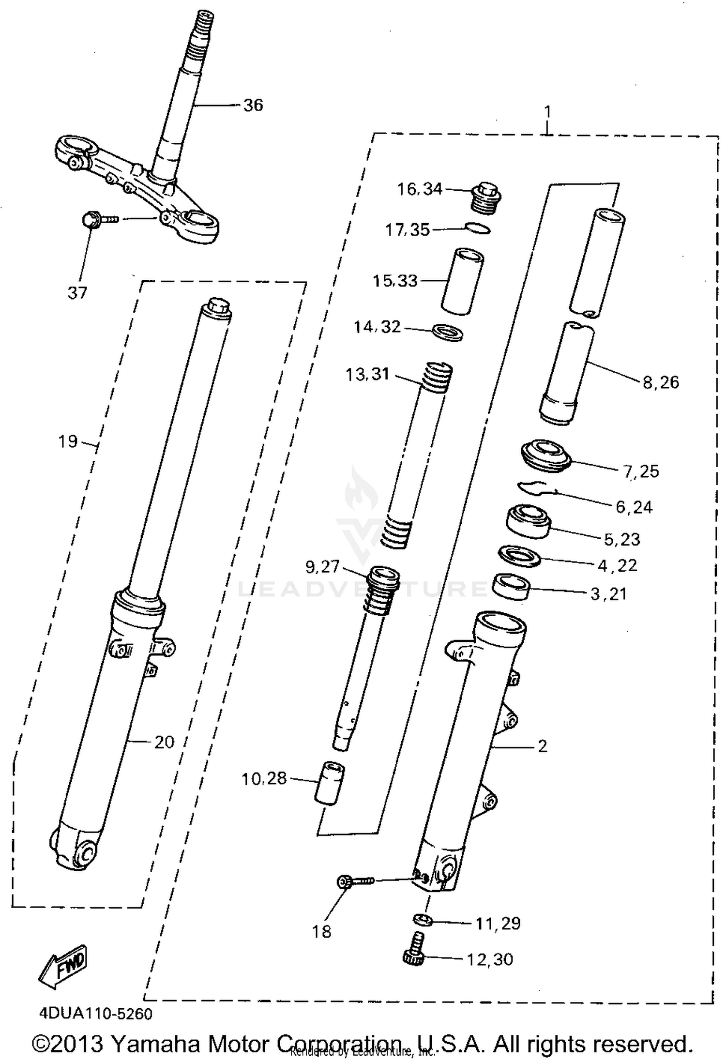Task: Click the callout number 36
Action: [x=253, y=105]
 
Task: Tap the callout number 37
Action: [x=77, y=293]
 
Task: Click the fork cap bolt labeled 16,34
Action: [x=485, y=197]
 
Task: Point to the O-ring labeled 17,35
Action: [x=478, y=228]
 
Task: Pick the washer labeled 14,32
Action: [x=447, y=333]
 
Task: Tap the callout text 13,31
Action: [x=367, y=374]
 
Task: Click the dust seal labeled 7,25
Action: [x=544, y=455]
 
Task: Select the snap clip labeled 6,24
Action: [x=537, y=488]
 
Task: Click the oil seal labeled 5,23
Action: [x=529, y=521]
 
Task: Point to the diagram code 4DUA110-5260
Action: [x=96, y=1014]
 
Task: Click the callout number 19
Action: [x=68, y=441]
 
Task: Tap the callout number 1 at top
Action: [x=547, y=112]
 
